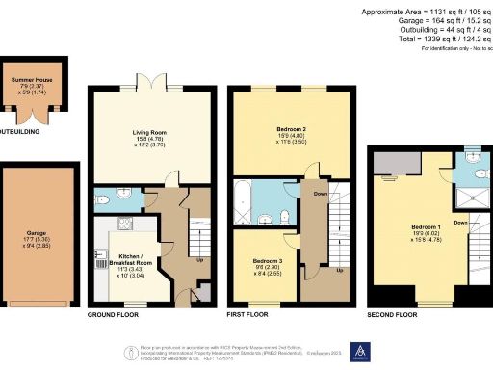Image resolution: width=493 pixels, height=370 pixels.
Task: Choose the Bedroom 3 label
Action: [x=266, y=261]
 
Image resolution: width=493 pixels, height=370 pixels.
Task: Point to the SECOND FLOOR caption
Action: [x=392, y=315]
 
